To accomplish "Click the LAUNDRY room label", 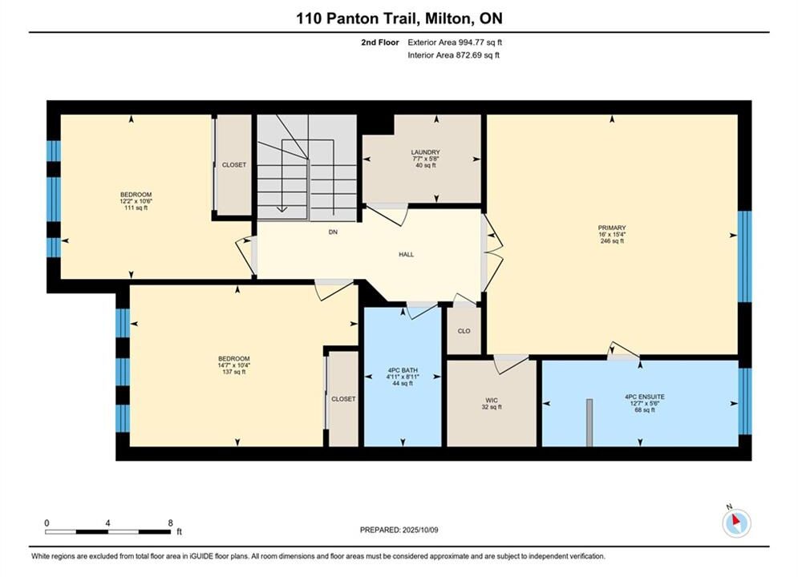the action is [425, 152].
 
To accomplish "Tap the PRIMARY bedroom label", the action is [612, 228].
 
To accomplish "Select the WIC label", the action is [492, 400].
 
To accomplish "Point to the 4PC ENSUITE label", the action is [645, 397].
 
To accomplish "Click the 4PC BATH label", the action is [403, 370].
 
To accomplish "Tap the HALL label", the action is [406, 254].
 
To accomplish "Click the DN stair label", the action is [333, 232].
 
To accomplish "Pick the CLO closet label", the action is [464, 331].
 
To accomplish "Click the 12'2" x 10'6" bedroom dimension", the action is [136, 201].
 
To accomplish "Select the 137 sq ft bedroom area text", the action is [234, 372].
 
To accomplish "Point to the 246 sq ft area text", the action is [612, 241].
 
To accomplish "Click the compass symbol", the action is [736, 523].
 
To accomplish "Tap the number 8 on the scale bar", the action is [171, 523].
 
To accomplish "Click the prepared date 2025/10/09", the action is [420, 530].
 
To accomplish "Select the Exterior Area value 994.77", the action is [472, 42].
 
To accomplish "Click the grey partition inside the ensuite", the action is [589, 422].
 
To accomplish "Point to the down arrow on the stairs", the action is [282, 209].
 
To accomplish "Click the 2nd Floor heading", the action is [380, 42].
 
